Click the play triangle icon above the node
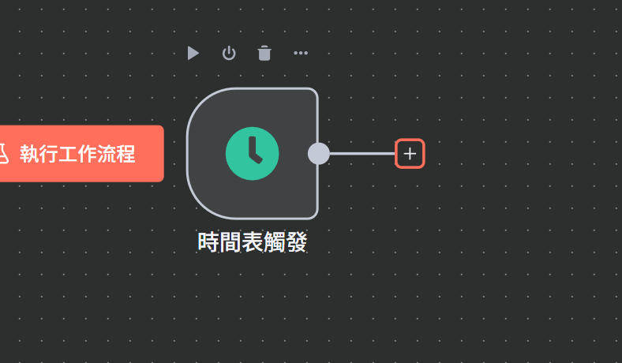(193, 53)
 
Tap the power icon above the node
(229, 53)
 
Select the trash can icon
(264, 53)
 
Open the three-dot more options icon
(301, 54)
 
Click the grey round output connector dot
(318, 153)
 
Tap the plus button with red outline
(410, 153)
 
